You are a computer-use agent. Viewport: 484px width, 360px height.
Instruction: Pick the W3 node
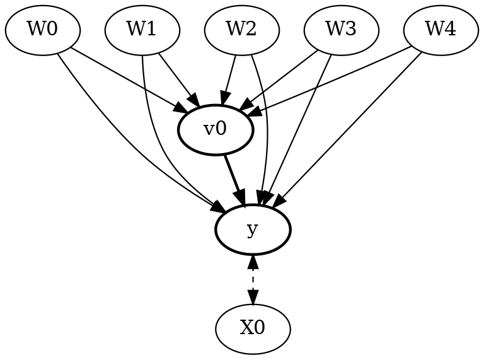pos(342,30)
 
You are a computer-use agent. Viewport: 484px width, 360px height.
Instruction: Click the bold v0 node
pos(216,130)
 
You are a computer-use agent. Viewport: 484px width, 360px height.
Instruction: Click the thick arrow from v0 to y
pos(234,179)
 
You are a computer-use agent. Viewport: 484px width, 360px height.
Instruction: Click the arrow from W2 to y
pos(267,126)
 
